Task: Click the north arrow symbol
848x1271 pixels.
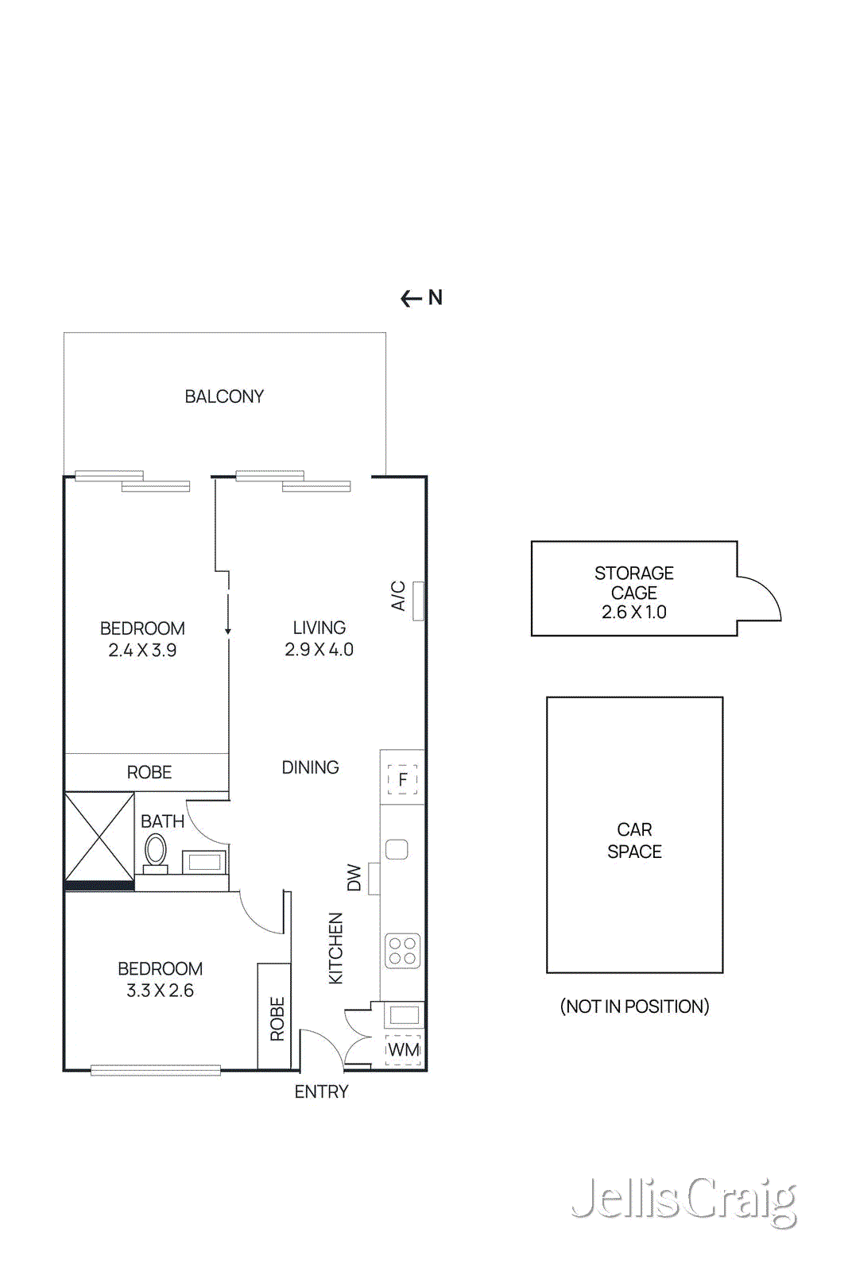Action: [412, 299]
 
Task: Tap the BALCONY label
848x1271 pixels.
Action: [224, 396]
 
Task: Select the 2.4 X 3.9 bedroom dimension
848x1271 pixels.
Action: [142, 651]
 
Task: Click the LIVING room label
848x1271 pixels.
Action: [319, 628]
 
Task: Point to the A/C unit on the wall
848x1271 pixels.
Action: [418, 601]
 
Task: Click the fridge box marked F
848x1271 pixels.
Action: [402, 779]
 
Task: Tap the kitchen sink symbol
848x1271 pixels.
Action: [397, 849]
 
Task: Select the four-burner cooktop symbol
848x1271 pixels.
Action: [402, 951]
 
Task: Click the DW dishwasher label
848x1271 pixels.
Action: [354, 878]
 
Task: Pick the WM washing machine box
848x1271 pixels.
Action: [403, 1050]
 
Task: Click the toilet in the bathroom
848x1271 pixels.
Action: [156, 851]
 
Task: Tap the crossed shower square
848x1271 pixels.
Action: [99, 836]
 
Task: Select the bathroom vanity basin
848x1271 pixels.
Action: [204, 862]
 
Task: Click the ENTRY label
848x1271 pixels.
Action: [321, 1092]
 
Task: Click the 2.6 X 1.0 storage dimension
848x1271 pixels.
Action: [633, 612]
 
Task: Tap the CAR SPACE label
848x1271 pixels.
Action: [634, 840]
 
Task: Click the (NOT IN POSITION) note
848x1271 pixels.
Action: [634, 1006]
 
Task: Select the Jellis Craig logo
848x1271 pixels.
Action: [683, 1201]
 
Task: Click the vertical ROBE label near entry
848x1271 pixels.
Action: [277, 1018]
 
